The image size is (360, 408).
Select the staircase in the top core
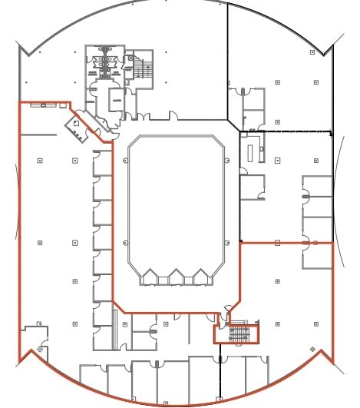click(143, 70)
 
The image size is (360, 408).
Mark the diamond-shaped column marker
click(312, 350)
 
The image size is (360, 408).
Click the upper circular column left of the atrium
click(125, 160)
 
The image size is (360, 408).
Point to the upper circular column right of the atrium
click(227, 160)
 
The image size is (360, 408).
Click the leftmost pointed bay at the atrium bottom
click(150, 276)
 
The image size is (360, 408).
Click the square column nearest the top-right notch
click(312, 51)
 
